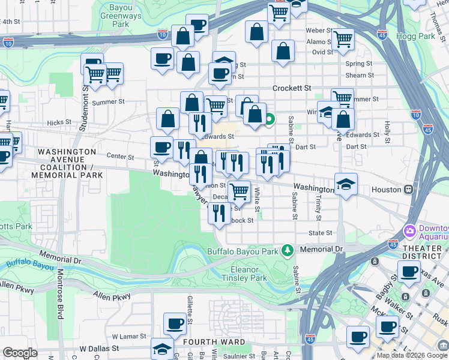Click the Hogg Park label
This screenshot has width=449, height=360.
click(415, 36)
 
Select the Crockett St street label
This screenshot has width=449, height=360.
click(292, 88)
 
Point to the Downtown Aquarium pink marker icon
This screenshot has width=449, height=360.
click(410, 231)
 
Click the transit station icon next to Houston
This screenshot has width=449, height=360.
click(408, 189)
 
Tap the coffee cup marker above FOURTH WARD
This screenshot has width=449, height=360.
click(175, 325)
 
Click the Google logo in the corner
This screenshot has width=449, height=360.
click(20, 352)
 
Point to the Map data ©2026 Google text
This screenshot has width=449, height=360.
click(412, 355)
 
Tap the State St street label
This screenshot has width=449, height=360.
click(320, 233)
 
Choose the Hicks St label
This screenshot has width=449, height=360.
click(59, 122)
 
